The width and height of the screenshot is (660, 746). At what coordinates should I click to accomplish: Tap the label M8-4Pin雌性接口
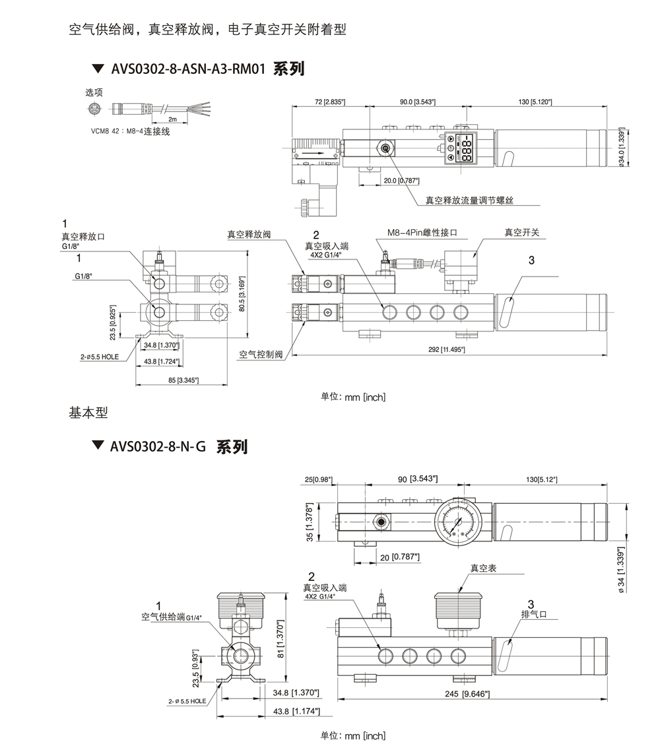422,233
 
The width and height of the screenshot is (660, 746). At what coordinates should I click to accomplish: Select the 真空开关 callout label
521,232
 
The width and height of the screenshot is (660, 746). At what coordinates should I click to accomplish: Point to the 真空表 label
482,568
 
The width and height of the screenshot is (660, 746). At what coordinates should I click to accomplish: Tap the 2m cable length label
172,119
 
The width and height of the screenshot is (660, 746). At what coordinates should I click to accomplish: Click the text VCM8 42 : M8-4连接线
130,131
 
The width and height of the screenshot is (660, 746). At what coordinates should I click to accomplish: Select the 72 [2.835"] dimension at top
329,102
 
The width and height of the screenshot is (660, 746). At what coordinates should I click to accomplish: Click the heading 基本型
88,413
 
